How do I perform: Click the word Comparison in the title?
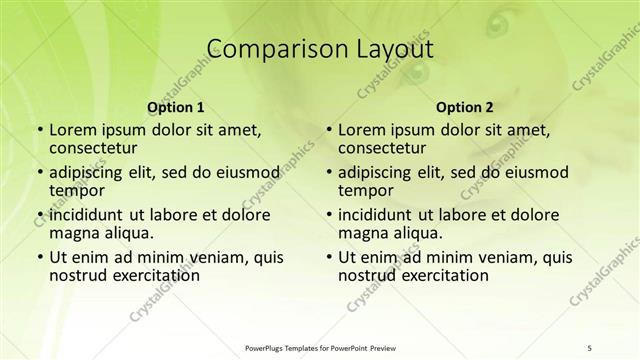[x=265, y=49]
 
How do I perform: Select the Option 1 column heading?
[x=176, y=107]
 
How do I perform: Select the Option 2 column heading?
[x=465, y=107]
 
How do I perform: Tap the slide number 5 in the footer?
[x=590, y=347]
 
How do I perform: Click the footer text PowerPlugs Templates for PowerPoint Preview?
[x=319, y=347]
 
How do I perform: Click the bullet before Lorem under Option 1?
[x=38, y=130]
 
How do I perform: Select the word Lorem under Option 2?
[x=361, y=129]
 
